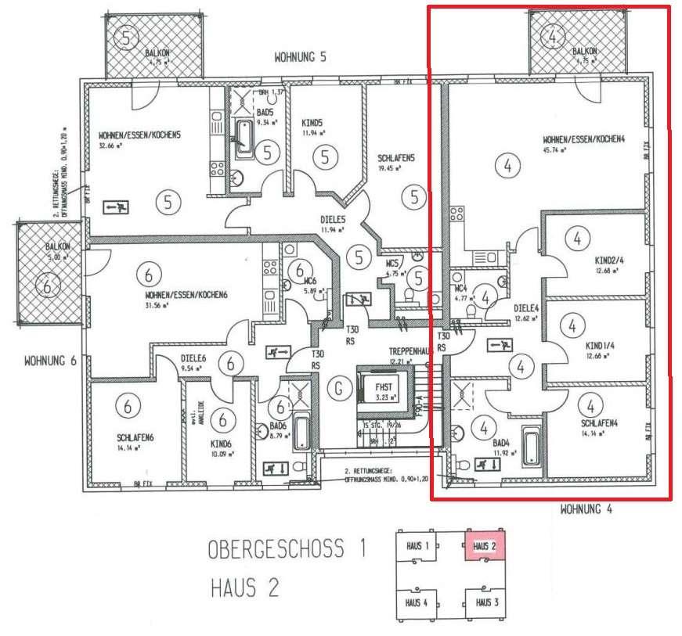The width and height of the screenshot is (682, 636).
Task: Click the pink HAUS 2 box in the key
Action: click(x=483, y=545)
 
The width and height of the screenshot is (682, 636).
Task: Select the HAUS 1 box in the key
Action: click(x=415, y=545)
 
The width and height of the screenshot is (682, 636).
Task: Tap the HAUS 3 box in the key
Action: click(x=483, y=602)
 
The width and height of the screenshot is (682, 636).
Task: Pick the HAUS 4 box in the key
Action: click(x=415, y=602)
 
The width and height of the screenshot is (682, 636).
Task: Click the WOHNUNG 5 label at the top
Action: click(x=299, y=57)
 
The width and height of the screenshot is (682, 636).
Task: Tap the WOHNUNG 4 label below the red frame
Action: click(x=585, y=510)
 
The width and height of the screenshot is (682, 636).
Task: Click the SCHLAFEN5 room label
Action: click(x=395, y=157)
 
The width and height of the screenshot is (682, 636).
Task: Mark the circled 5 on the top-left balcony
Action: click(x=128, y=36)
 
